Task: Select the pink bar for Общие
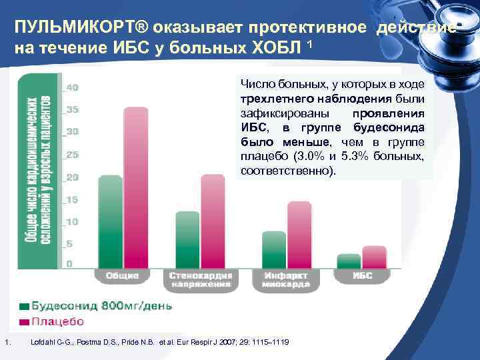click(x=135, y=187)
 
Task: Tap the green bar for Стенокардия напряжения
click(x=187, y=239)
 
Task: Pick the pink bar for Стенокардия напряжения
click(x=213, y=221)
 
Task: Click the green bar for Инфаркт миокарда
click(x=273, y=249)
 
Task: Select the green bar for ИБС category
click(x=349, y=260)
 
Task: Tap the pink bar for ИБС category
click(x=374, y=257)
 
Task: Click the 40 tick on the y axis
click(x=72, y=87)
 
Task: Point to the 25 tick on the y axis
click(x=72, y=155)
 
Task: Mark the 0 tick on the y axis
click(x=69, y=264)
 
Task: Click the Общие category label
click(x=121, y=275)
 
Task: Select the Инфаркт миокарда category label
click(x=287, y=279)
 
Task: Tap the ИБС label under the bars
click(x=362, y=275)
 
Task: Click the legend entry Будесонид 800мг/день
click(x=100, y=306)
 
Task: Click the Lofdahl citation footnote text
click(x=160, y=343)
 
